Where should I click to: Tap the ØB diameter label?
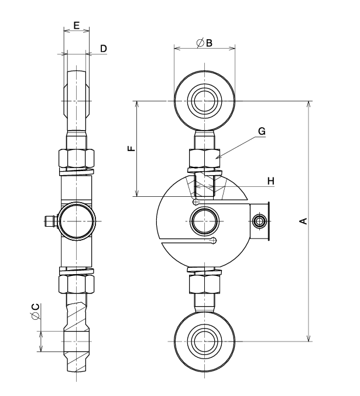coord(204,43)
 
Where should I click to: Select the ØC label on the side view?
coord(36,312)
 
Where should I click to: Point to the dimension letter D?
coord(104,49)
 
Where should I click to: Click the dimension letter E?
coord(77,26)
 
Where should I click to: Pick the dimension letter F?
coord(132,148)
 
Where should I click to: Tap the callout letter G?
coord(262,131)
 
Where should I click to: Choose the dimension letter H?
coord(271,181)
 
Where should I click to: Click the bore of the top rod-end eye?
coord(205,101)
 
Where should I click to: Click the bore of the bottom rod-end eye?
coord(205,342)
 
